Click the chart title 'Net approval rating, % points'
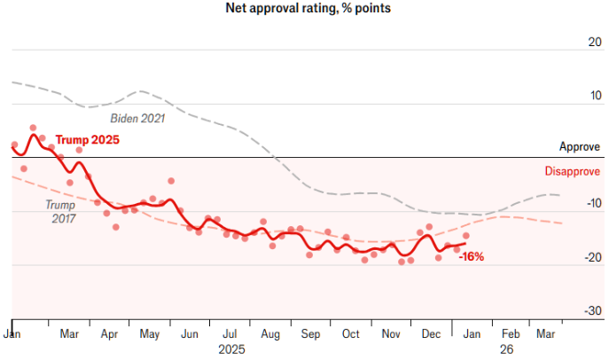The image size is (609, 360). click(x=308, y=8)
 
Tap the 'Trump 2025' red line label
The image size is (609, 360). click(x=88, y=139)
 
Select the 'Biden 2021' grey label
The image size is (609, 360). click(x=138, y=118)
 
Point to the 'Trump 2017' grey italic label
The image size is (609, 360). click(x=60, y=211)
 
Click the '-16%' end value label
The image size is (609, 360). click(x=472, y=256)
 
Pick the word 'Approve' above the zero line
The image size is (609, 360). click(x=580, y=147)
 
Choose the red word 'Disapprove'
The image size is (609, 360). click(x=573, y=171)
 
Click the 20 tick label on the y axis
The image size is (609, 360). click(x=595, y=42)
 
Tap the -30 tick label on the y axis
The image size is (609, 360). click(x=593, y=310)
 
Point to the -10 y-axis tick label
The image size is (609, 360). click(x=593, y=203)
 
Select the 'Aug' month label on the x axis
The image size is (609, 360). click(x=270, y=334)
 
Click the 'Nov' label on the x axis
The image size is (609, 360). click(x=391, y=333)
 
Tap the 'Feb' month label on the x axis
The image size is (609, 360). click(x=511, y=333)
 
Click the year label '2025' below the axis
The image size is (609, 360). click(x=232, y=349)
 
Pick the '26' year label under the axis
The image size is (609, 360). click(x=506, y=349)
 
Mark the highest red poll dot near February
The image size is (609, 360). click(x=33, y=128)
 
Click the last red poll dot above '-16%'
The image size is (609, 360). click(x=466, y=236)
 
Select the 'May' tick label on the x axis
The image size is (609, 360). click(x=150, y=334)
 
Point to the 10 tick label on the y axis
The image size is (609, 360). click(x=596, y=95)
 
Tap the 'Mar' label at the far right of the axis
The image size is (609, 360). click(x=546, y=333)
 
